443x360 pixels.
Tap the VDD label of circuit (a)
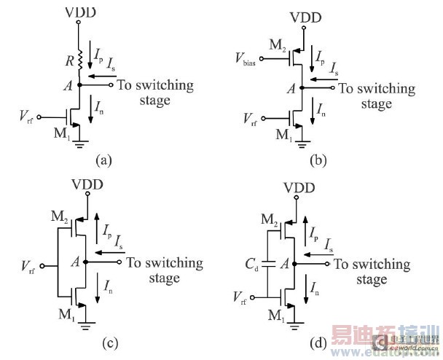79,12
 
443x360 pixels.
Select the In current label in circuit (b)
322,111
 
